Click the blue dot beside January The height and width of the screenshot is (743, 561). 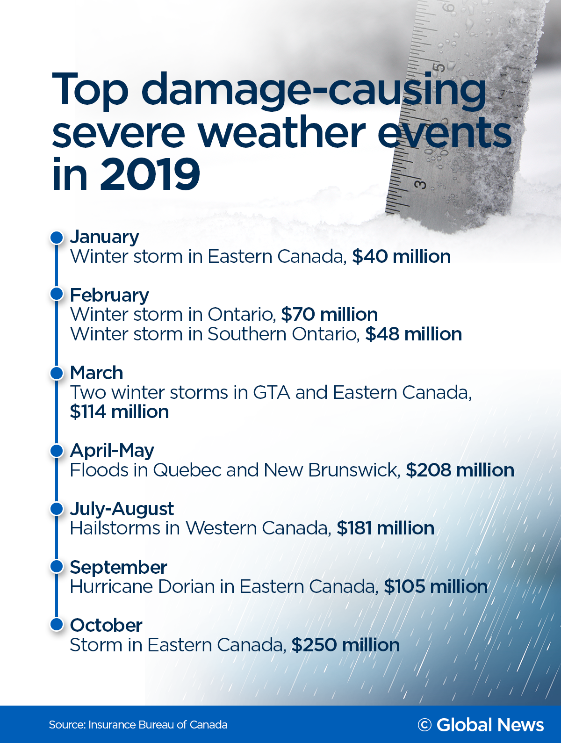(57, 237)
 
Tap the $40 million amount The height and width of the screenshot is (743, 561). (401, 257)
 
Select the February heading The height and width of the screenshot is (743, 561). (109, 295)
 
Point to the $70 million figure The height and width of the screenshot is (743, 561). (329, 315)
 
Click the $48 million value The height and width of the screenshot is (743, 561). (413, 334)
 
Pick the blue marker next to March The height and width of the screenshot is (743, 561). (57, 373)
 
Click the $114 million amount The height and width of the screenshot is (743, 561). (119, 412)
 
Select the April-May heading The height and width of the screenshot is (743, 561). (112, 451)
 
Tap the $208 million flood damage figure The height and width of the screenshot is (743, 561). (460, 470)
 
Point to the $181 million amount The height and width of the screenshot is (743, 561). (385, 528)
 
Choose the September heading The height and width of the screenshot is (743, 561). (118, 567)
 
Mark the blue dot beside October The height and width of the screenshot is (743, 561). (57, 624)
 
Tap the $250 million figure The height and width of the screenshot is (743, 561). (345, 645)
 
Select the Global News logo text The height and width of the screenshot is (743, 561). (489, 725)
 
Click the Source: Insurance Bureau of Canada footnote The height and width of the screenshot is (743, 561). (138, 725)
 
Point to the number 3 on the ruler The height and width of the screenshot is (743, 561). (421, 184)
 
